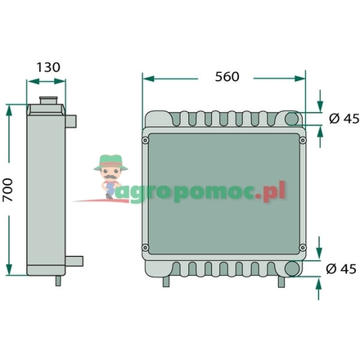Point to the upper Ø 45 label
tap(342, 119)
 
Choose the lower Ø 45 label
tap(342, 268)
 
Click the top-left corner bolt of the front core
tap(146, 140)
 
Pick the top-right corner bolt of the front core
tap(303, 140)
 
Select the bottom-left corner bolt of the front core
tap(146, 248)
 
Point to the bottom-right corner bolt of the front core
tap(303, 248)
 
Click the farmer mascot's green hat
tap(107, 161)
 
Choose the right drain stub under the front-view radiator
tap(281, 281)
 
